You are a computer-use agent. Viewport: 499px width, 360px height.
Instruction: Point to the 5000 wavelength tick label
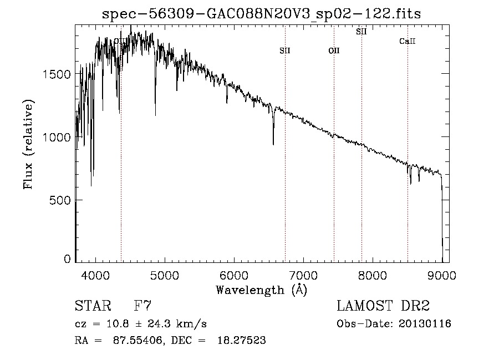click(x=165, y=275)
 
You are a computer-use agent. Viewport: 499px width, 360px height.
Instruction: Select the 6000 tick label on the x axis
click(x=234, y=275)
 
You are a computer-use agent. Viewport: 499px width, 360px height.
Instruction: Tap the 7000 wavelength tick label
click(x=303, y=275)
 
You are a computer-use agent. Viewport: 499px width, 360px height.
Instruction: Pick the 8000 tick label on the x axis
click(x=373, y=275)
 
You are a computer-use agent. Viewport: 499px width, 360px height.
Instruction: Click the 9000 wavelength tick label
click(x=442, y=275)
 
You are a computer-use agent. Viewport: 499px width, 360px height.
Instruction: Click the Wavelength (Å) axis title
click(x=261, y=290)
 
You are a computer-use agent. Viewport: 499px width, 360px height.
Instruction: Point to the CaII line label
click(x=408, y=42)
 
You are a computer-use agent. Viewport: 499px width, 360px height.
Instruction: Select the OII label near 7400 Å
click(x=334, y=50)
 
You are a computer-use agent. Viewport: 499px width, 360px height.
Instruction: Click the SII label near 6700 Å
click(x=285, y=50)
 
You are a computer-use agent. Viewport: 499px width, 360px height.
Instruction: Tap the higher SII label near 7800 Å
click(x=361, y=32)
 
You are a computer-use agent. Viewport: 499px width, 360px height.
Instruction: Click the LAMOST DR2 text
click(x=383, y=306)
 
